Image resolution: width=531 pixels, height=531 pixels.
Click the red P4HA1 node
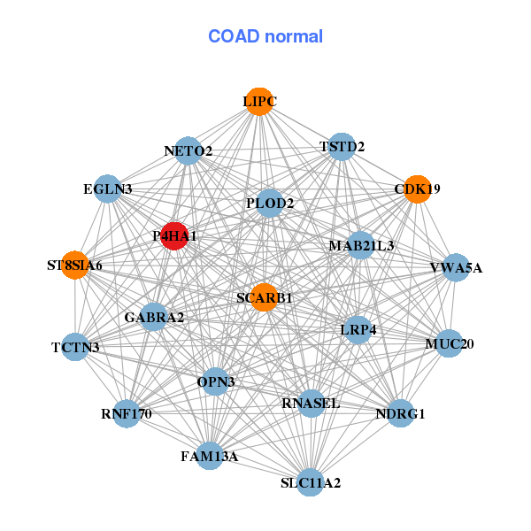tap(174, 236)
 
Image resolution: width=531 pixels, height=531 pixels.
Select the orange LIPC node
tap(258, 102)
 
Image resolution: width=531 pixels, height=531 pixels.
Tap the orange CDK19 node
tap(417, 189)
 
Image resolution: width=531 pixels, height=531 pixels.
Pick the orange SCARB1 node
tap(264, 297)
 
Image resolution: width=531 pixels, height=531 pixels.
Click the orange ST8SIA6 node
tap(75, 265)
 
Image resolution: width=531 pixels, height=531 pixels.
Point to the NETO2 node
tap(188, 150)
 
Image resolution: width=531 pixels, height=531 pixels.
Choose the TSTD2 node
tap(342, 146)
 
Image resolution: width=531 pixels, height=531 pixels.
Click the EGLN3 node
tap(108, 189)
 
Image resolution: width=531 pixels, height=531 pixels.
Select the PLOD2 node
tap(270, 203)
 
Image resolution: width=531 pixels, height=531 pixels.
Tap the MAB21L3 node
tap(361, 244)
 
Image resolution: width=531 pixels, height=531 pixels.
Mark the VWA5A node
tap(455, 267)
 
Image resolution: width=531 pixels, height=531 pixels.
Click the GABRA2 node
tap(154, 317)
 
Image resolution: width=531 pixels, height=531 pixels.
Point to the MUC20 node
tap(449, 343)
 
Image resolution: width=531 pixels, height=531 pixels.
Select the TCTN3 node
tap(75, 346)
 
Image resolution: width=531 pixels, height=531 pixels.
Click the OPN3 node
tap(216, 382)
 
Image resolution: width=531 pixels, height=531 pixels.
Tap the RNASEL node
tap(311, 404)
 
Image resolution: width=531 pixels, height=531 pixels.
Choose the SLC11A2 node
tap(310, 482)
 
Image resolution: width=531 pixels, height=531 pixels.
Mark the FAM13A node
tap(210, 456)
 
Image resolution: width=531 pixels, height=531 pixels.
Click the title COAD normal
tap(265, 37)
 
